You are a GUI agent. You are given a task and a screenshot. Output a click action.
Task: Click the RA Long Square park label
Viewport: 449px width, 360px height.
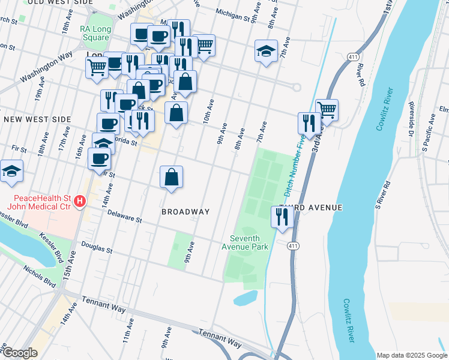click(94, 33)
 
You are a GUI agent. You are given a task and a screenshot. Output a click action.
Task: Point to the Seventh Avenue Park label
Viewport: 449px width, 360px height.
click(245, 242)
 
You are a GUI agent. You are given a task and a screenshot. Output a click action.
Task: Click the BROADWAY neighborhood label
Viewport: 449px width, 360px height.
click(185, 212)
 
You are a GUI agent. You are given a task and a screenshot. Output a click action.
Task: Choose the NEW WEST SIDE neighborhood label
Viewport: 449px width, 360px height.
click(37, 120)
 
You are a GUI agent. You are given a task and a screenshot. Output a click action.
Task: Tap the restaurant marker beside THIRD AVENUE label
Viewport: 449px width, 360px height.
click(280, 217)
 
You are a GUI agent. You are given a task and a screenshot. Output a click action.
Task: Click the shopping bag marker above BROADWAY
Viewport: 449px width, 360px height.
click(172, 177)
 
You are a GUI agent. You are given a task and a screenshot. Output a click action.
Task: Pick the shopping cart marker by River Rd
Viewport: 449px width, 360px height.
click(327, 110)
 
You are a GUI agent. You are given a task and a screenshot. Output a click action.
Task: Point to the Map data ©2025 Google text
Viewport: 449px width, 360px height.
click(411, 355)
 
